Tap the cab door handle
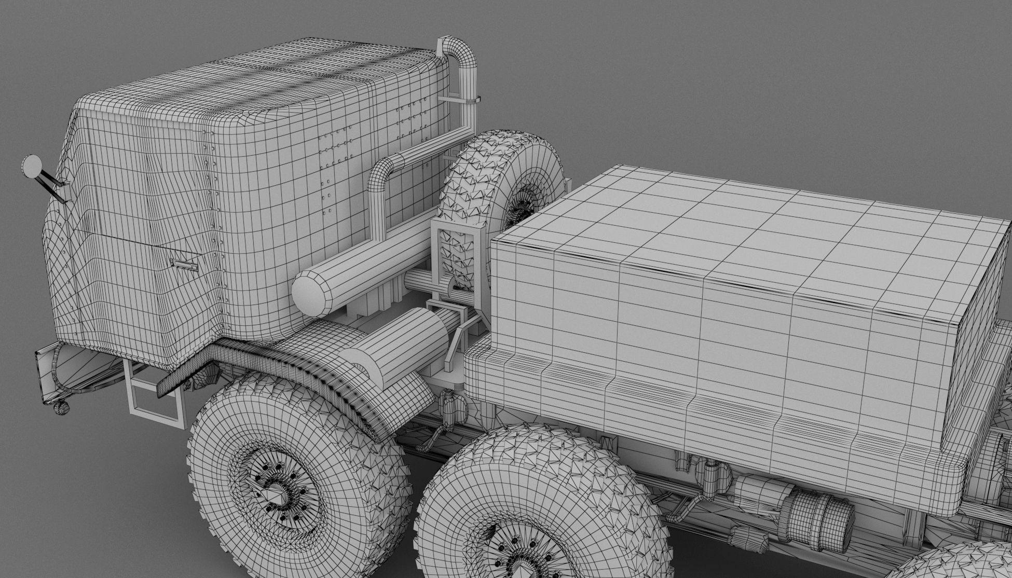pos(184,265)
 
